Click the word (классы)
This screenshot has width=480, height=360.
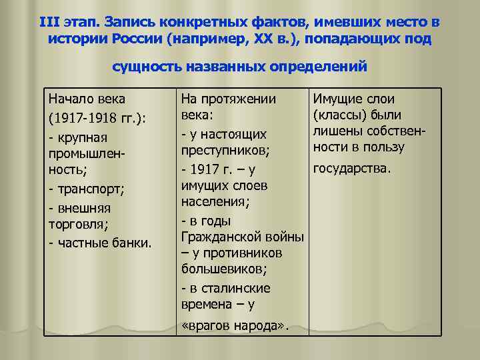(x=339, y=115)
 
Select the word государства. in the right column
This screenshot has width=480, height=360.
(x=352, y=169)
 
